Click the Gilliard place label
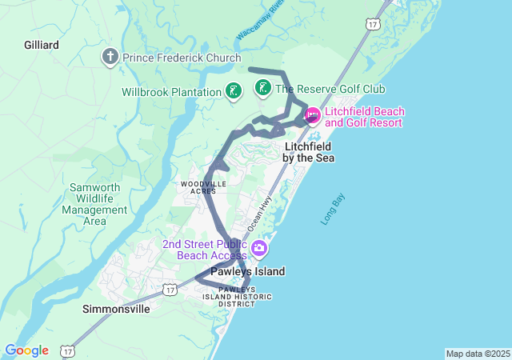(41, 46)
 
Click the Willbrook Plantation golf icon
(233, 91)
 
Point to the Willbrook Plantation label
(171, 92)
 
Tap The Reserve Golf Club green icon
(262, 88)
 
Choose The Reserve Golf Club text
(330, 89)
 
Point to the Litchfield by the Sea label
(309, 152)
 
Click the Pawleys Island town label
(247, 271)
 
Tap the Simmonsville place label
(116, 309)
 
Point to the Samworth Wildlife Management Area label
(95, 204)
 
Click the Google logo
(26, 350)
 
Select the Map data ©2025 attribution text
(477, 354)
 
